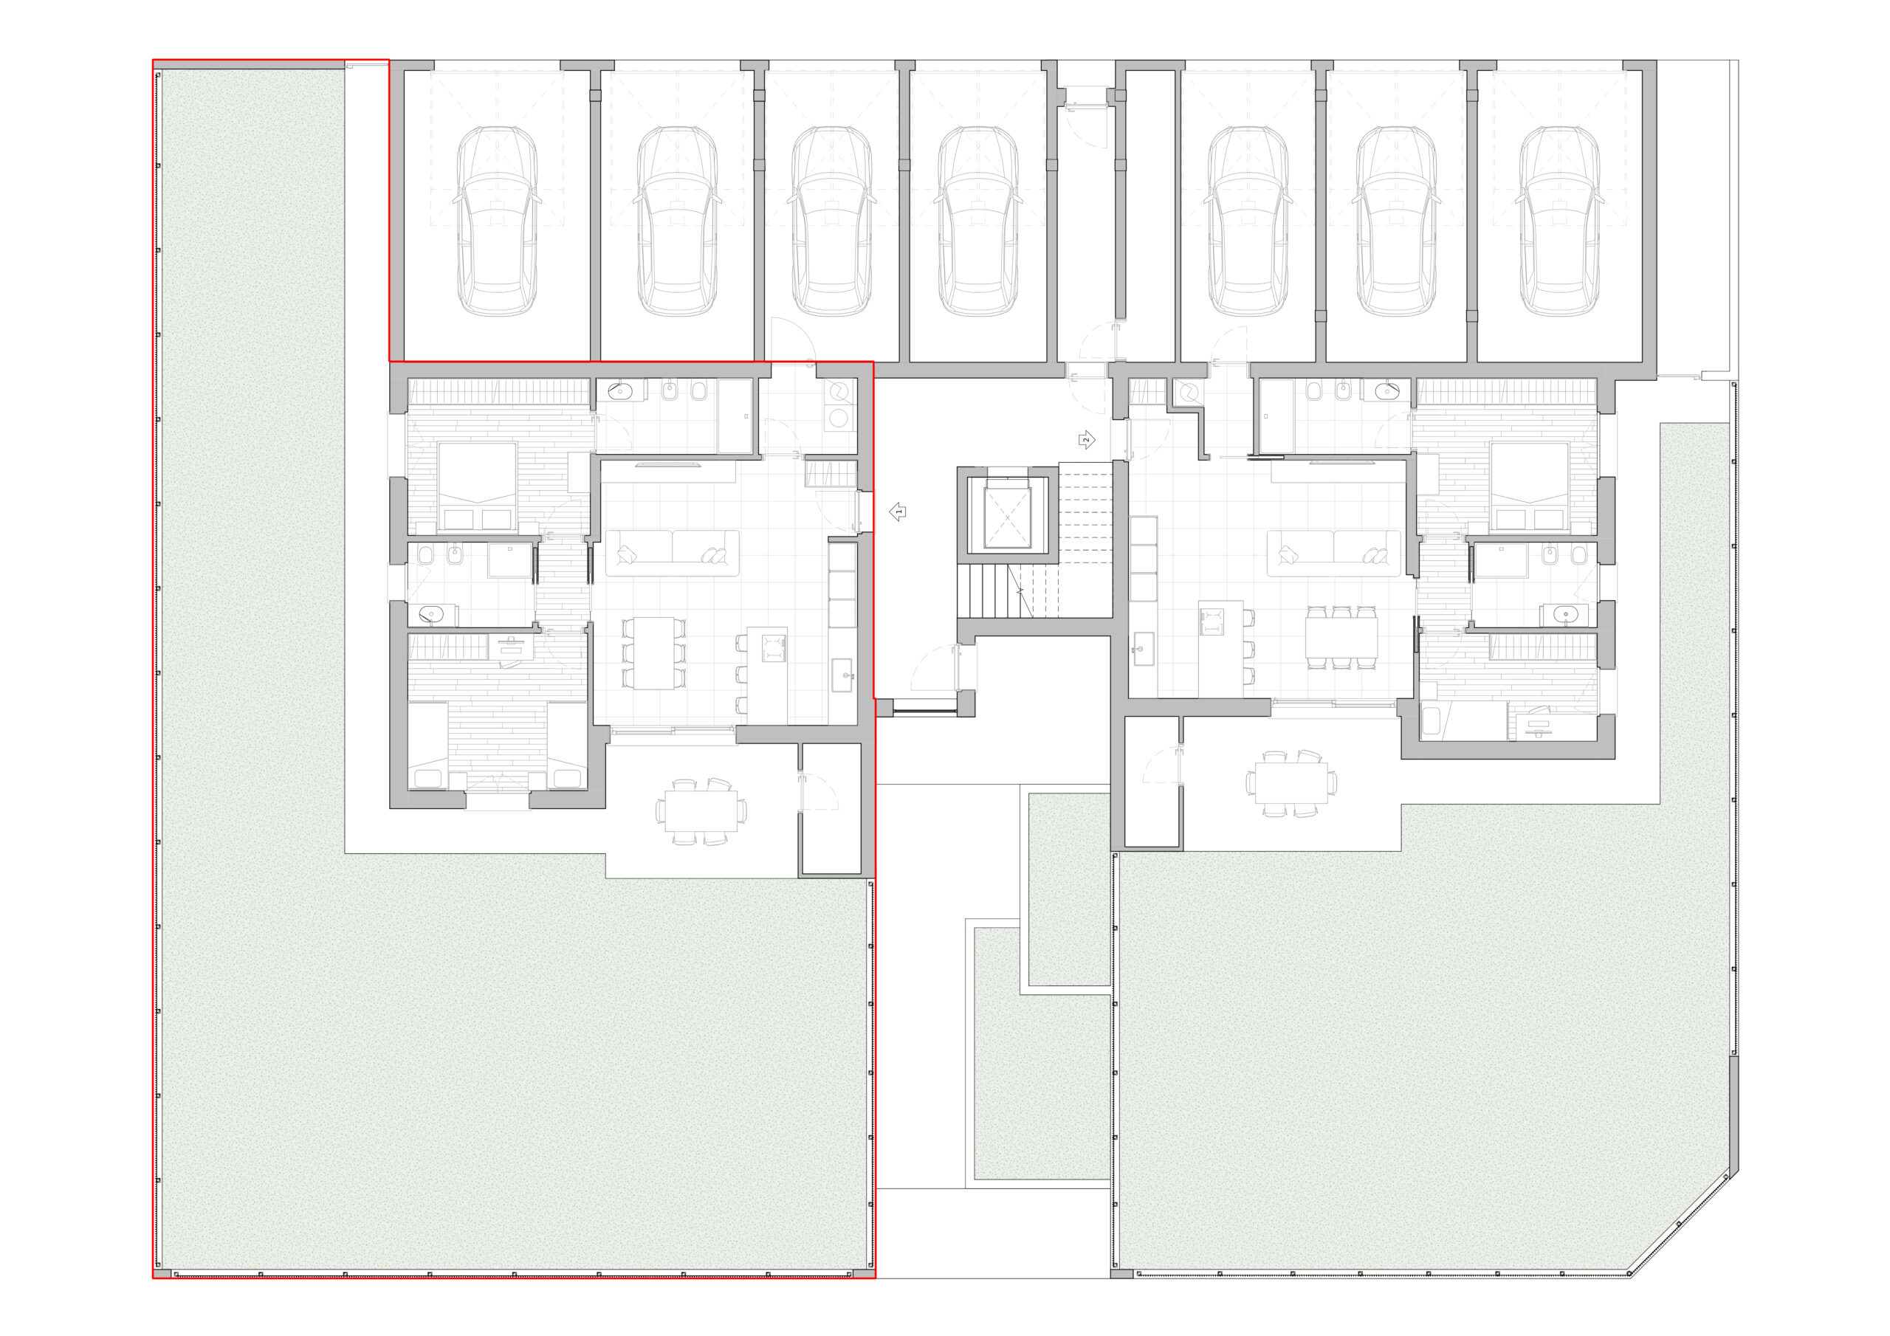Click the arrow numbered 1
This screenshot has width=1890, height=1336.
898,512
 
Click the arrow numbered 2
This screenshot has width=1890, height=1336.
1087,440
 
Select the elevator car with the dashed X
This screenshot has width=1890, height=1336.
1007,515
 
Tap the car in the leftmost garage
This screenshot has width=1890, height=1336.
497,221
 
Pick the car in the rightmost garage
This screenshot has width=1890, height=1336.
1559,221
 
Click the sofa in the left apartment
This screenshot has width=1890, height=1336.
673,552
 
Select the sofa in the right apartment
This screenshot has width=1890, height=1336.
1333,552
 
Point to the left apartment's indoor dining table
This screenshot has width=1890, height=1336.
654,652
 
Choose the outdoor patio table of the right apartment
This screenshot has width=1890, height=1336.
1291,783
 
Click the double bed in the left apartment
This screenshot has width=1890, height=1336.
478,486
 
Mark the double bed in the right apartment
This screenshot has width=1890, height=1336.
1529,486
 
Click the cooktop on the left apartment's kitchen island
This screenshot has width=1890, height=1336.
773,648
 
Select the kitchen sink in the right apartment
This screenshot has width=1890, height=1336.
1143,649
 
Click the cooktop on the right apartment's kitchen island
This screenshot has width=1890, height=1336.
1211,621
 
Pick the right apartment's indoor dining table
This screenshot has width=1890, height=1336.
1341,636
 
